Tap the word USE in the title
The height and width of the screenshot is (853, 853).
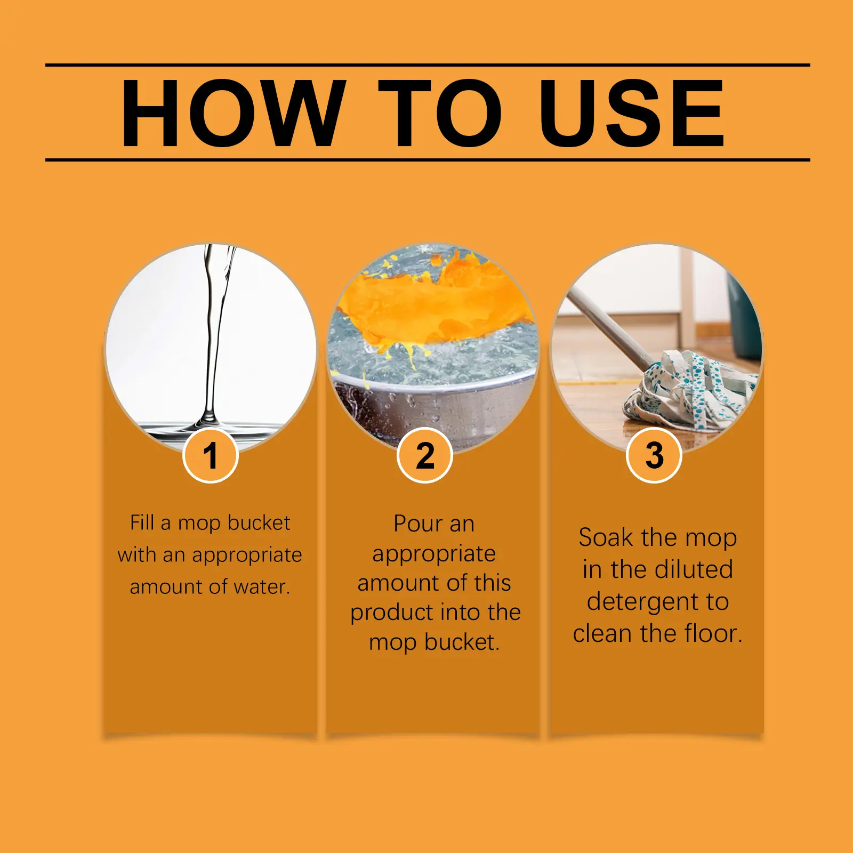632,112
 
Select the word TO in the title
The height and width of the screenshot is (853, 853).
440,112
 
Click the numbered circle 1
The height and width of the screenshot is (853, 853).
210,456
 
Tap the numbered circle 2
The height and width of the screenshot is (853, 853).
425,456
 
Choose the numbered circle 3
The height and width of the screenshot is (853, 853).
654,456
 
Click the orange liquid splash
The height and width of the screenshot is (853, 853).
434,307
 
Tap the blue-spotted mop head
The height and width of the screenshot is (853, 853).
690,392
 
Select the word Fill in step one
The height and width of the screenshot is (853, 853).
142,522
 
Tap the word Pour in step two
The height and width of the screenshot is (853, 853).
414,524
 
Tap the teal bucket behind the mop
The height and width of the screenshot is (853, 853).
744,315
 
